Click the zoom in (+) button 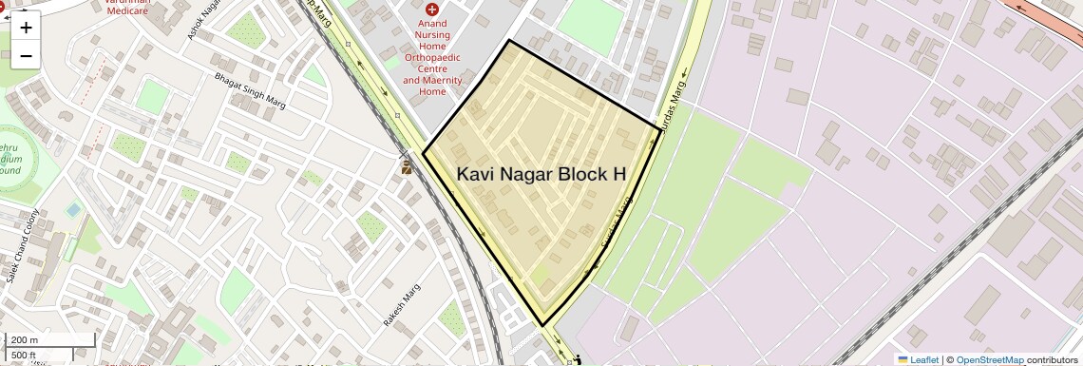point(26,27)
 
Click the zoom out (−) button point(26,55)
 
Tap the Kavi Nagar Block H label point(541,174)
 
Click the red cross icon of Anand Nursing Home point(432,10)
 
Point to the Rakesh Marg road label point(401,306)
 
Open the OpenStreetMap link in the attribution point(989,359)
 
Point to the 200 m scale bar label point(25,340)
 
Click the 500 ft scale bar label point(24,356)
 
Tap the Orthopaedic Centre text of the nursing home point(432,68)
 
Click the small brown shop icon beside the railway point(406,167)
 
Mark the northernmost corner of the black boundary point(509,40)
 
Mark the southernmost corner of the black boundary point(542,326)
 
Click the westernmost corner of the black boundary point(423,152)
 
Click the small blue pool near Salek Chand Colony point(73,209)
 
